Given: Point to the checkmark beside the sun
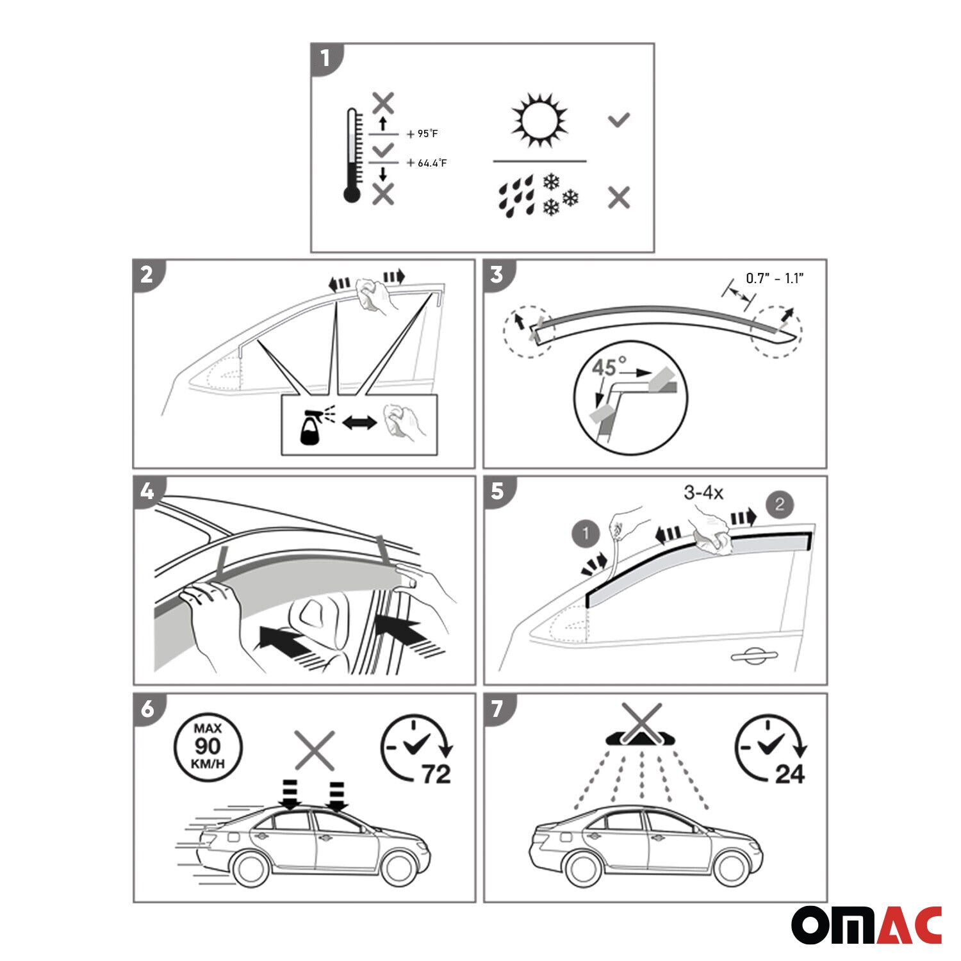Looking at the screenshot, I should [x=619, y=120].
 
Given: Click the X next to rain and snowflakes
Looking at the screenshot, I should [x=619, y=197].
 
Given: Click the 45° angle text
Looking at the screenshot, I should [x=604, y=368].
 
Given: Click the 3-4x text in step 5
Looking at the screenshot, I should [x=703, y=493].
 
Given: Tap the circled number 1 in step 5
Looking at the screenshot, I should [x=586, y=533].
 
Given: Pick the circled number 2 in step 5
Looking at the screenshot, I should [x=779, y=504].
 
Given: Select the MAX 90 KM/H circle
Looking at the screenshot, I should [x=208, y=747].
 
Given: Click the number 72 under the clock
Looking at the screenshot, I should [x=436, y=774].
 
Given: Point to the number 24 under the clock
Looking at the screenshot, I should [x=789, y=774].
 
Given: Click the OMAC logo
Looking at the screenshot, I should [x=866, y=925].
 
